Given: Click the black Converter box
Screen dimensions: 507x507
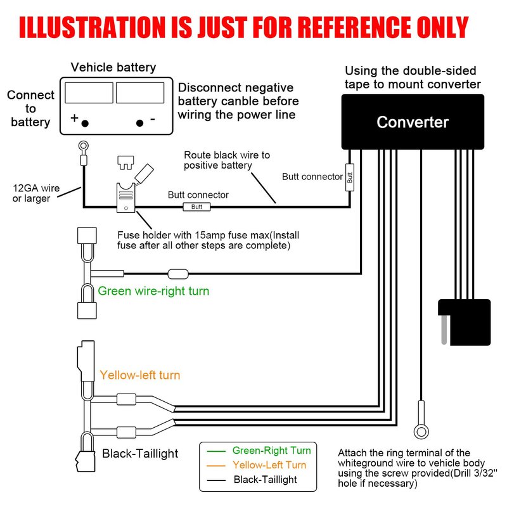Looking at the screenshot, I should (x=412, y=122).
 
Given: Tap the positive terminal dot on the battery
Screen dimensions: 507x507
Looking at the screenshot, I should (x=85, y=123).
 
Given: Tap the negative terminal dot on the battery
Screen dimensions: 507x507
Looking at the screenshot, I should (x=140, y=123).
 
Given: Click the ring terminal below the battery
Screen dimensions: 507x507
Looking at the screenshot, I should (x=82, y=148).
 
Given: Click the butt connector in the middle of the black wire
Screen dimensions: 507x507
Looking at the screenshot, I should (x=196, y=207).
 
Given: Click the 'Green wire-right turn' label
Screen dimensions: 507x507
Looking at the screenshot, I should (x=153, y=292).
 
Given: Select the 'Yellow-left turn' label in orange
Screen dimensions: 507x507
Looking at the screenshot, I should (x=140, y=375).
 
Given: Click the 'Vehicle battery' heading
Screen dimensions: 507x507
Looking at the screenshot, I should (x=113, y=67).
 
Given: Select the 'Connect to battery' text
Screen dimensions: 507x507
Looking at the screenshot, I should (x=30, y=108).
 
